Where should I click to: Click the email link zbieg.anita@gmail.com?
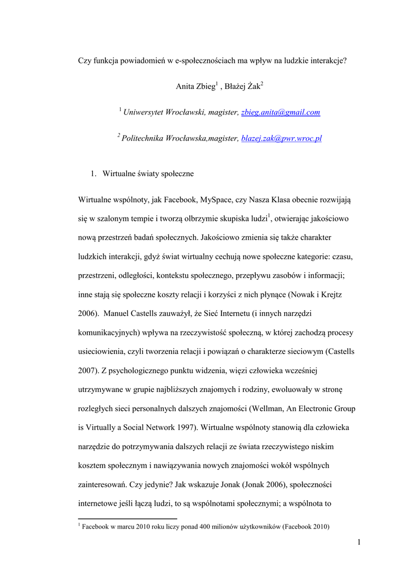tap(280, 113)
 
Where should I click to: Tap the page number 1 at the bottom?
tap(359, 543)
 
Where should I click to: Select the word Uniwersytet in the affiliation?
tap(143, 113)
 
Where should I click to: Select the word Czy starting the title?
tap(84, 61)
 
